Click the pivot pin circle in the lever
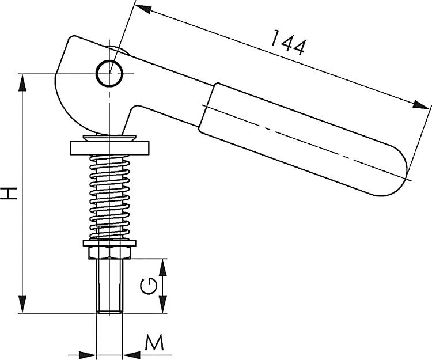click(109, 73)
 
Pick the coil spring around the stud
click(109, 196)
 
